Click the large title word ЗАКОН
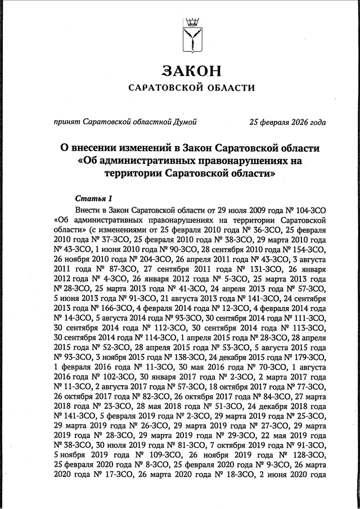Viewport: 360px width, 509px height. pos(191,71)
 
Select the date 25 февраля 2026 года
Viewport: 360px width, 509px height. pos(287,121)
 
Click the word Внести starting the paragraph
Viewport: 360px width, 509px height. pos(91,209)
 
